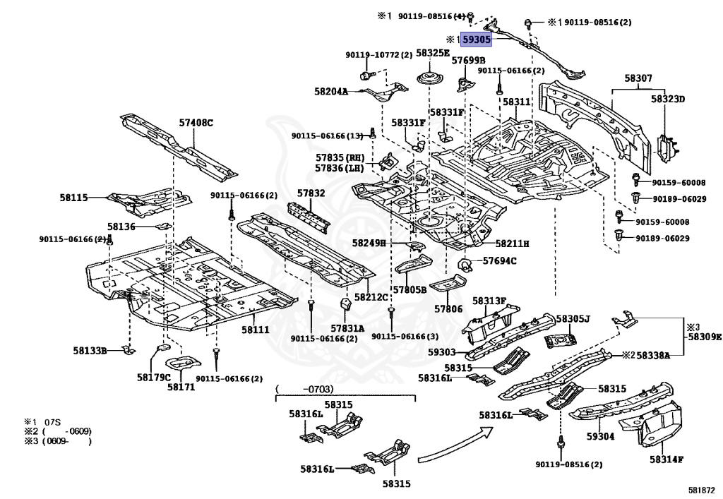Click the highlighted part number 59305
(477, 40)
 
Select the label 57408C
(196, 123)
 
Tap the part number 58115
(73, 198)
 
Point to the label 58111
(256, 330)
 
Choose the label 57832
(311, 193)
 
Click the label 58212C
(371, 297)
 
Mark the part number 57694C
(500, 261)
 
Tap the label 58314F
(667, 459)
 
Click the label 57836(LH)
(339, 168)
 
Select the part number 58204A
(331, 91)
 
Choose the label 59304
(600, 437)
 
